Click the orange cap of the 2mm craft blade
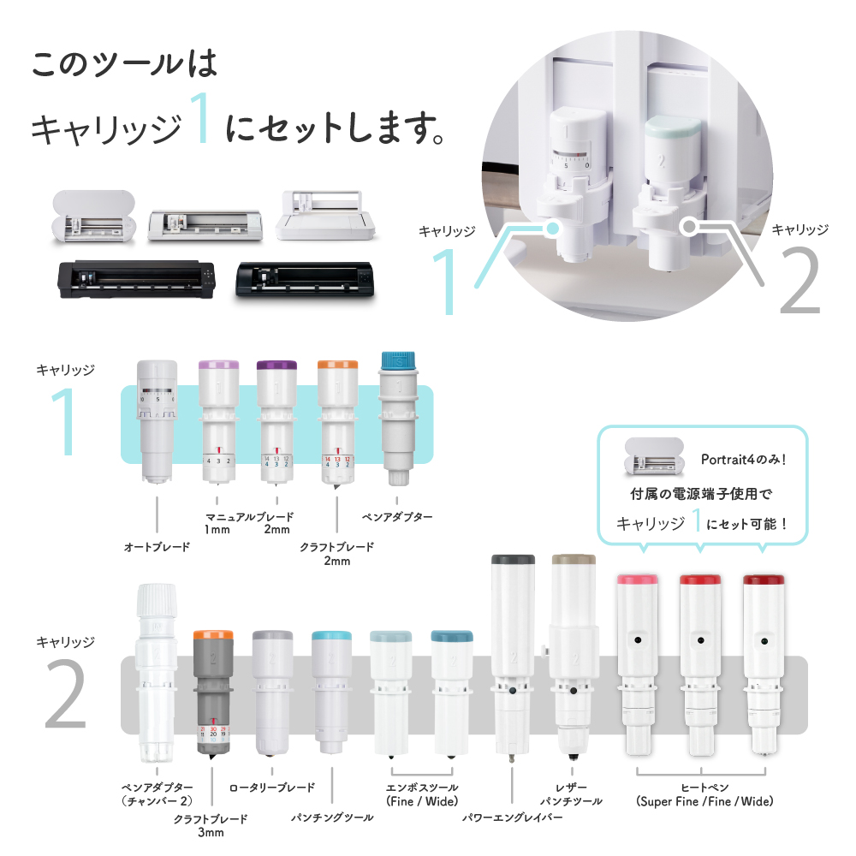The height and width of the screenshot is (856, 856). click(x=337, y=364)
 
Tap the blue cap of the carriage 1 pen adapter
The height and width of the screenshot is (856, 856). click(x=399, y=360)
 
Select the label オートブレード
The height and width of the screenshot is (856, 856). click(x=158, y=546)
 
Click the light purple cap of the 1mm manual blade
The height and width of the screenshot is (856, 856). click(x=218, y=365)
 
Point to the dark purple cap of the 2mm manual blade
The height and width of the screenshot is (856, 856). click(x=276, y=365)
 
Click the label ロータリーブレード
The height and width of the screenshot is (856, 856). click(x=272, y=788)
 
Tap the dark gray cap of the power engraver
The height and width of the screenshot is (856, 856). click(x=513, y=560)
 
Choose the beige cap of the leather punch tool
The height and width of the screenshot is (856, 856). click(x=574, y=560)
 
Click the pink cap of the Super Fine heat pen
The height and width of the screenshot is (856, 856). click(x=637, y=580)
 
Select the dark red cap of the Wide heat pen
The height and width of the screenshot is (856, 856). click(x=764, y=580)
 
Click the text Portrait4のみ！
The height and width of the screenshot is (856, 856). click(x=744, y=460)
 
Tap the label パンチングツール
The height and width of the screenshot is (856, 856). click(x=332, y=817)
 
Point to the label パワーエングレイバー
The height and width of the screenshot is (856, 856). click(x=512, y=817)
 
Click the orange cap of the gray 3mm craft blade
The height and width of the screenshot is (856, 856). click(x=213, y=635)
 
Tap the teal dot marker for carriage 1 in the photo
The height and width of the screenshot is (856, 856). click(x=552, y=228)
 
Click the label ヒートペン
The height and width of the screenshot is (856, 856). click(x=704, y=788)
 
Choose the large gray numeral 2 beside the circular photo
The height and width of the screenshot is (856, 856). click(x=800, y=280)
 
